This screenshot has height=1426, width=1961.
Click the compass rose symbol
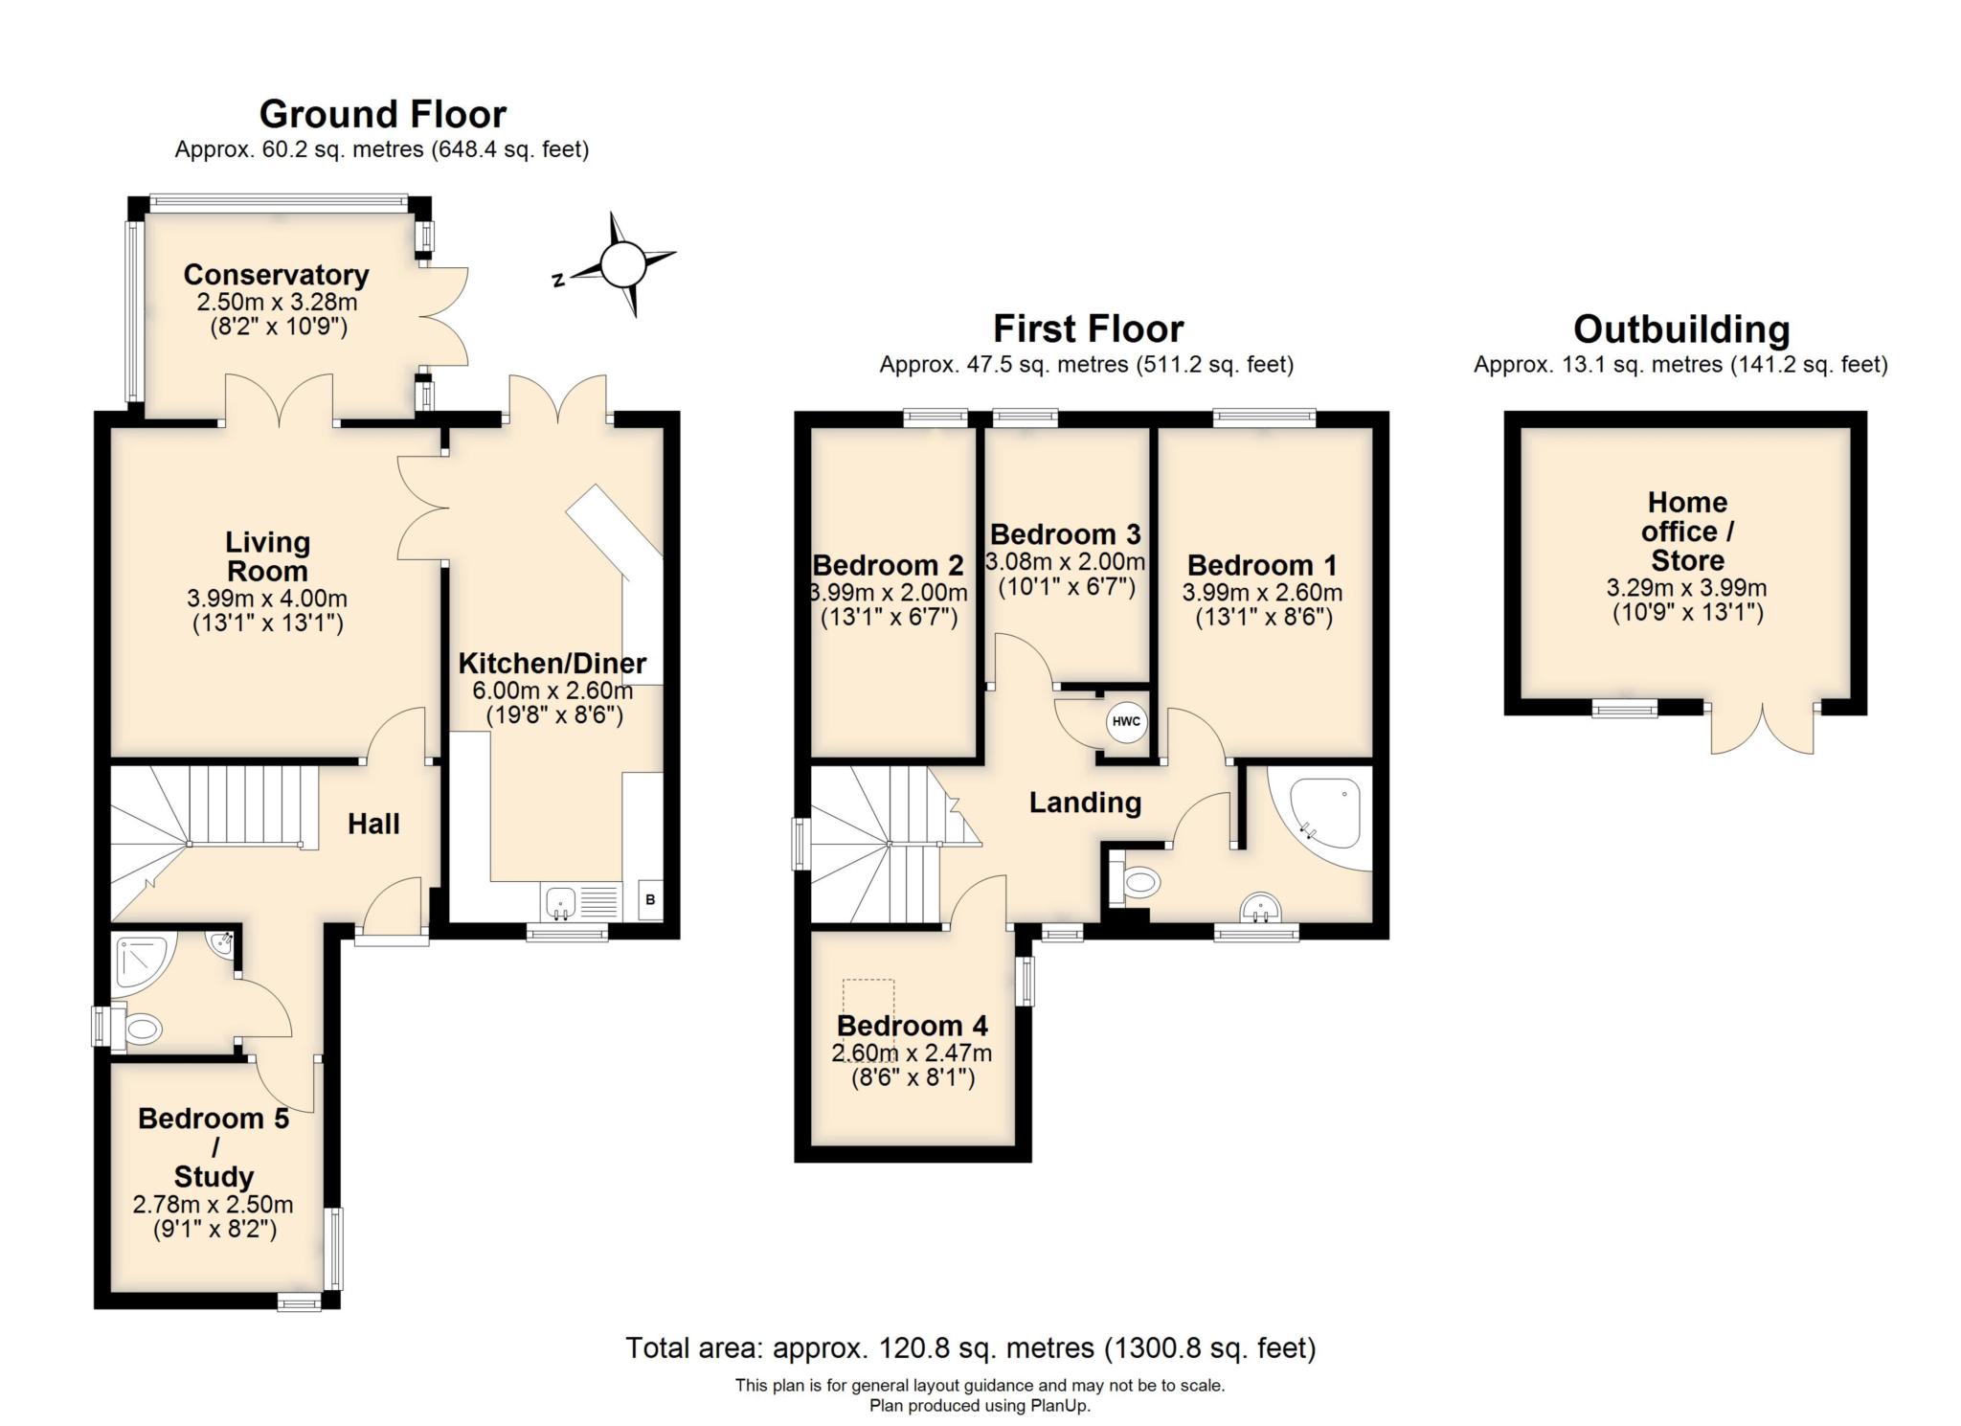(x=623, y=263)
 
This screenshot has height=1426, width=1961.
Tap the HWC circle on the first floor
(x=1127, y=722)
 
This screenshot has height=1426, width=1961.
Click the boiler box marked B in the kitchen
(x=650, y=899)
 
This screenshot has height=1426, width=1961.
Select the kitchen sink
(x=559, y=901)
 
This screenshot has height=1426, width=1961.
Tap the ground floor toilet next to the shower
(x=141, y=1030)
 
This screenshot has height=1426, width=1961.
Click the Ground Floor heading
(x=382, y=114)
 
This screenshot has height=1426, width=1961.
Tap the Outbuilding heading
(x=1680, y=329)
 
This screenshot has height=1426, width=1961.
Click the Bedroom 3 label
(x=1065, y=533)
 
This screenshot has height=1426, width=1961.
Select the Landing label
(x=1085, y=803)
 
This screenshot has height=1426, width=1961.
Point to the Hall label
(x=373, y=824)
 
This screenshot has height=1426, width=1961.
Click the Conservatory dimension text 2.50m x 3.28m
(x=277, y=303)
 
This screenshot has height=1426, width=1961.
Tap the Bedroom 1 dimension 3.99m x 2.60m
(x=1262, y=593)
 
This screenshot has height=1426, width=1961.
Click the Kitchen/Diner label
(x=552, y=663)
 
